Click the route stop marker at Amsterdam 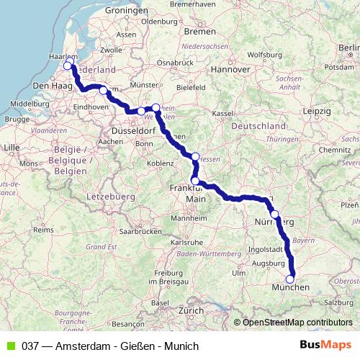pyautogui.click(x=68, y=66)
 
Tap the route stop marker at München pyautogui.click(x=290, y=279)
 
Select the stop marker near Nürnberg pyautogui.click(x=274, y=214)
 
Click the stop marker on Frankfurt pyautogui.click(x=194, y=181)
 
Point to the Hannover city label pyautogui.click(x=230, y=69)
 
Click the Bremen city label pyautogui.click(x=199, y=32)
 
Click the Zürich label pyautogui.click(x=192, y=310)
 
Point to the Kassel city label pyautogui.click(x=223, y=113)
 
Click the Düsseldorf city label pyautogui.click(x=132, y=132)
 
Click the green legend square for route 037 pyautogui.click(x=9, y=346)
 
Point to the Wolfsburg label pyautogui.click(x=264, y=54)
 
